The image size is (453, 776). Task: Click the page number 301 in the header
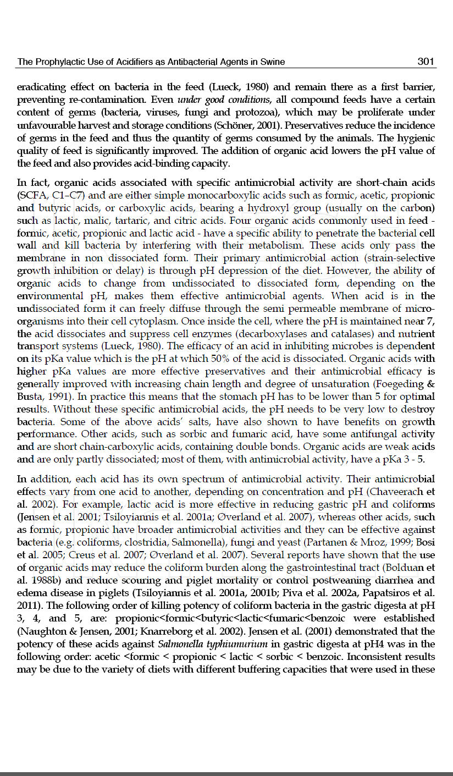pyautogui.click(x=426, y=62)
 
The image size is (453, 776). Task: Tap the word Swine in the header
pyautogui.click(x=273, y=62)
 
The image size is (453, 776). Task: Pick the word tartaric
pyautogui.click(x=145, y=221)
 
